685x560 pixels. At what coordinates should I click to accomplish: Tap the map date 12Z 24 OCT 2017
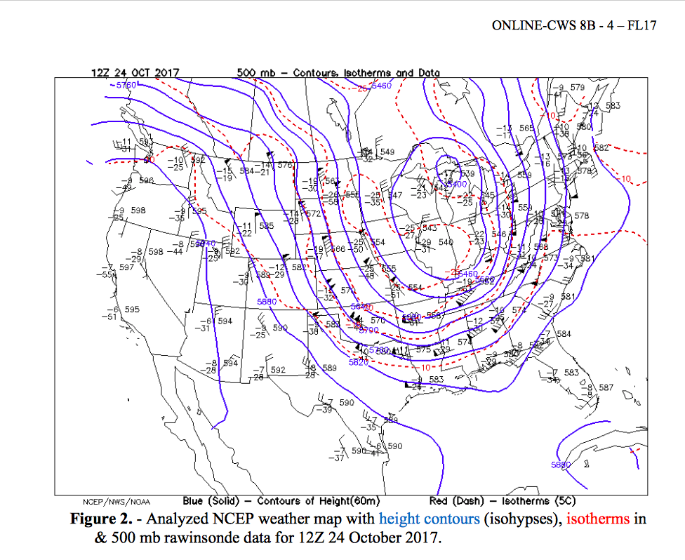click(x=135, y=73)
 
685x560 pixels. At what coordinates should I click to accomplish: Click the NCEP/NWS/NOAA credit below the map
click(x=117, y=502)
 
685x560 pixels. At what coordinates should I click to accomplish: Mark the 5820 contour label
click(x=359, y=362)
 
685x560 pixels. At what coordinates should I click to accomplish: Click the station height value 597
click(x=126, y=267)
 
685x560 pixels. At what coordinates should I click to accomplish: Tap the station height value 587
click(x=606, y=387)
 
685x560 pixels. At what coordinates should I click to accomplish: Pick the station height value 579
click(x=577, y=88)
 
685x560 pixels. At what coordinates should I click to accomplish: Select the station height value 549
click(x=387, y=152)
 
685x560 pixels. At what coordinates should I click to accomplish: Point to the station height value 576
click(x=284, y=166)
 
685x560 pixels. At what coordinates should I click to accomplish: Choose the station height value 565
click(x=526, y=128)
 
